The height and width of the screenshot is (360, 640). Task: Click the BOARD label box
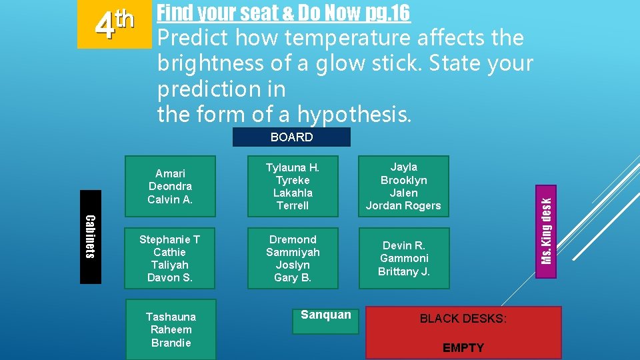[291, 137]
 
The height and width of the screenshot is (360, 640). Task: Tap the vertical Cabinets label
[91, 237]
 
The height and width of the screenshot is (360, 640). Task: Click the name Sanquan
[325, 315]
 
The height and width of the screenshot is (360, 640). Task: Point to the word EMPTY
[463, 348]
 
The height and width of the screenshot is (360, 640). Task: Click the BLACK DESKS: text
[463, 319]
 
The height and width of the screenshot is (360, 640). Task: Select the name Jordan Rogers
[403, 205]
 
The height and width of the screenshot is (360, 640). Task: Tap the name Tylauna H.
[293, 167]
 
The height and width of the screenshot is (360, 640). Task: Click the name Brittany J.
[403, 271]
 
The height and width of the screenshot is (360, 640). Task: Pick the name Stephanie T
[169, 239]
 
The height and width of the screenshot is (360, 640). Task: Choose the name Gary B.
[293, 277]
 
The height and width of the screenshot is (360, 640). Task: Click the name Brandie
[171, 343]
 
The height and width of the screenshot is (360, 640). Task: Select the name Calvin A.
[170, 199]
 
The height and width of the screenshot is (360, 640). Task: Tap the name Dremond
[293, 239]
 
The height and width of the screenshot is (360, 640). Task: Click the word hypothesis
[355, 114]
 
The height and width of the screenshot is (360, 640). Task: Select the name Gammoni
[404, 258]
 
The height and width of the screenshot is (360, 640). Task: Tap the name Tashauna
[171, 317]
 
